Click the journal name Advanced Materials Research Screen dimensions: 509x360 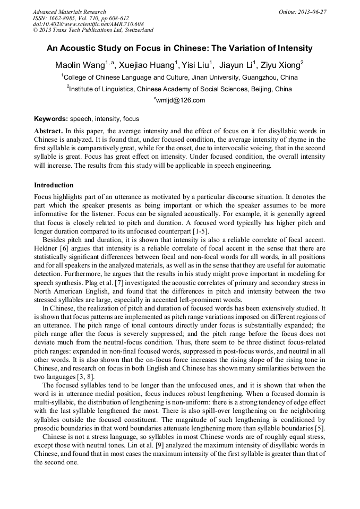[69, 12]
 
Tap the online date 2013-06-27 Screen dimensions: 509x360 [302, 12]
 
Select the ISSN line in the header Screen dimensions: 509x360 [80, 18]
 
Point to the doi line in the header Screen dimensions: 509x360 [88, 24]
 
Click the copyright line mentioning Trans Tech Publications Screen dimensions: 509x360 [93, 30]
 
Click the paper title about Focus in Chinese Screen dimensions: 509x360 [179, 48]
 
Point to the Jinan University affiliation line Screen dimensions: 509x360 [180, 77]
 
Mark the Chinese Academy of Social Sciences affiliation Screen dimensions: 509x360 [180, 89]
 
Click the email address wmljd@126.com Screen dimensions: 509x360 [181, 100]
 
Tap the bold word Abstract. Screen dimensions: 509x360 [48, 131]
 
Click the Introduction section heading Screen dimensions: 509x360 [54, 185]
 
